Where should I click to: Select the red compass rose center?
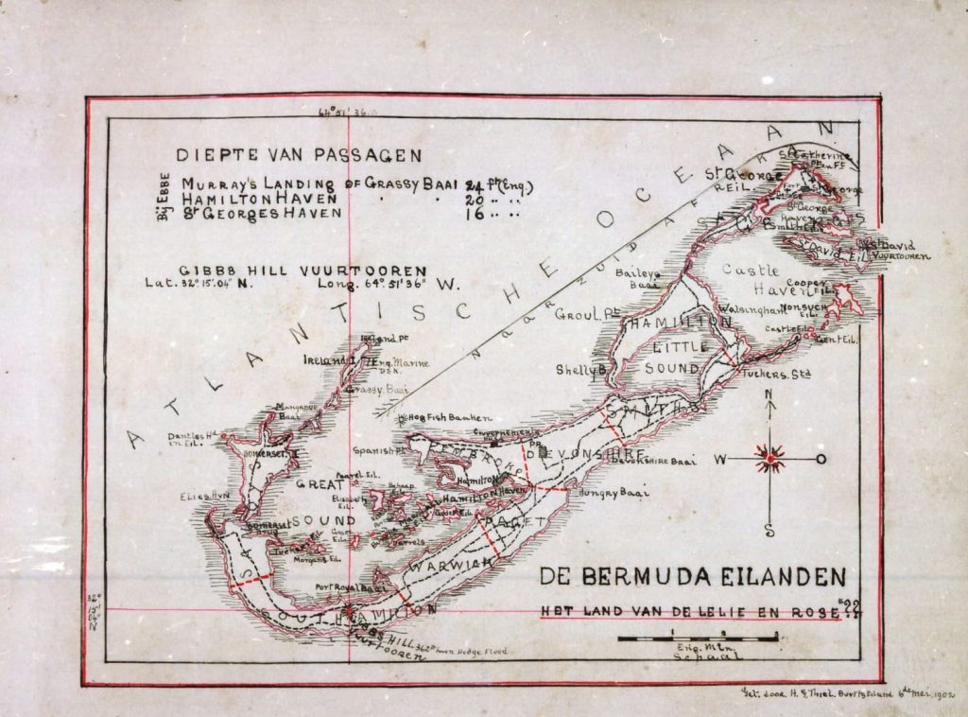click(x=771, y=460)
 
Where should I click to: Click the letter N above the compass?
click(x=770, y=395)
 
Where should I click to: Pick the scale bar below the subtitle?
click(x=700, y=639)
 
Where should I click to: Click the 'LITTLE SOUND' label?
click(x=679, y=357)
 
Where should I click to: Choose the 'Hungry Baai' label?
click(x=610, y=492)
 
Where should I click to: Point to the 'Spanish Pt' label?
click(x=378, y=450)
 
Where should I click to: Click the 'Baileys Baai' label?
click(x=637, y=278)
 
